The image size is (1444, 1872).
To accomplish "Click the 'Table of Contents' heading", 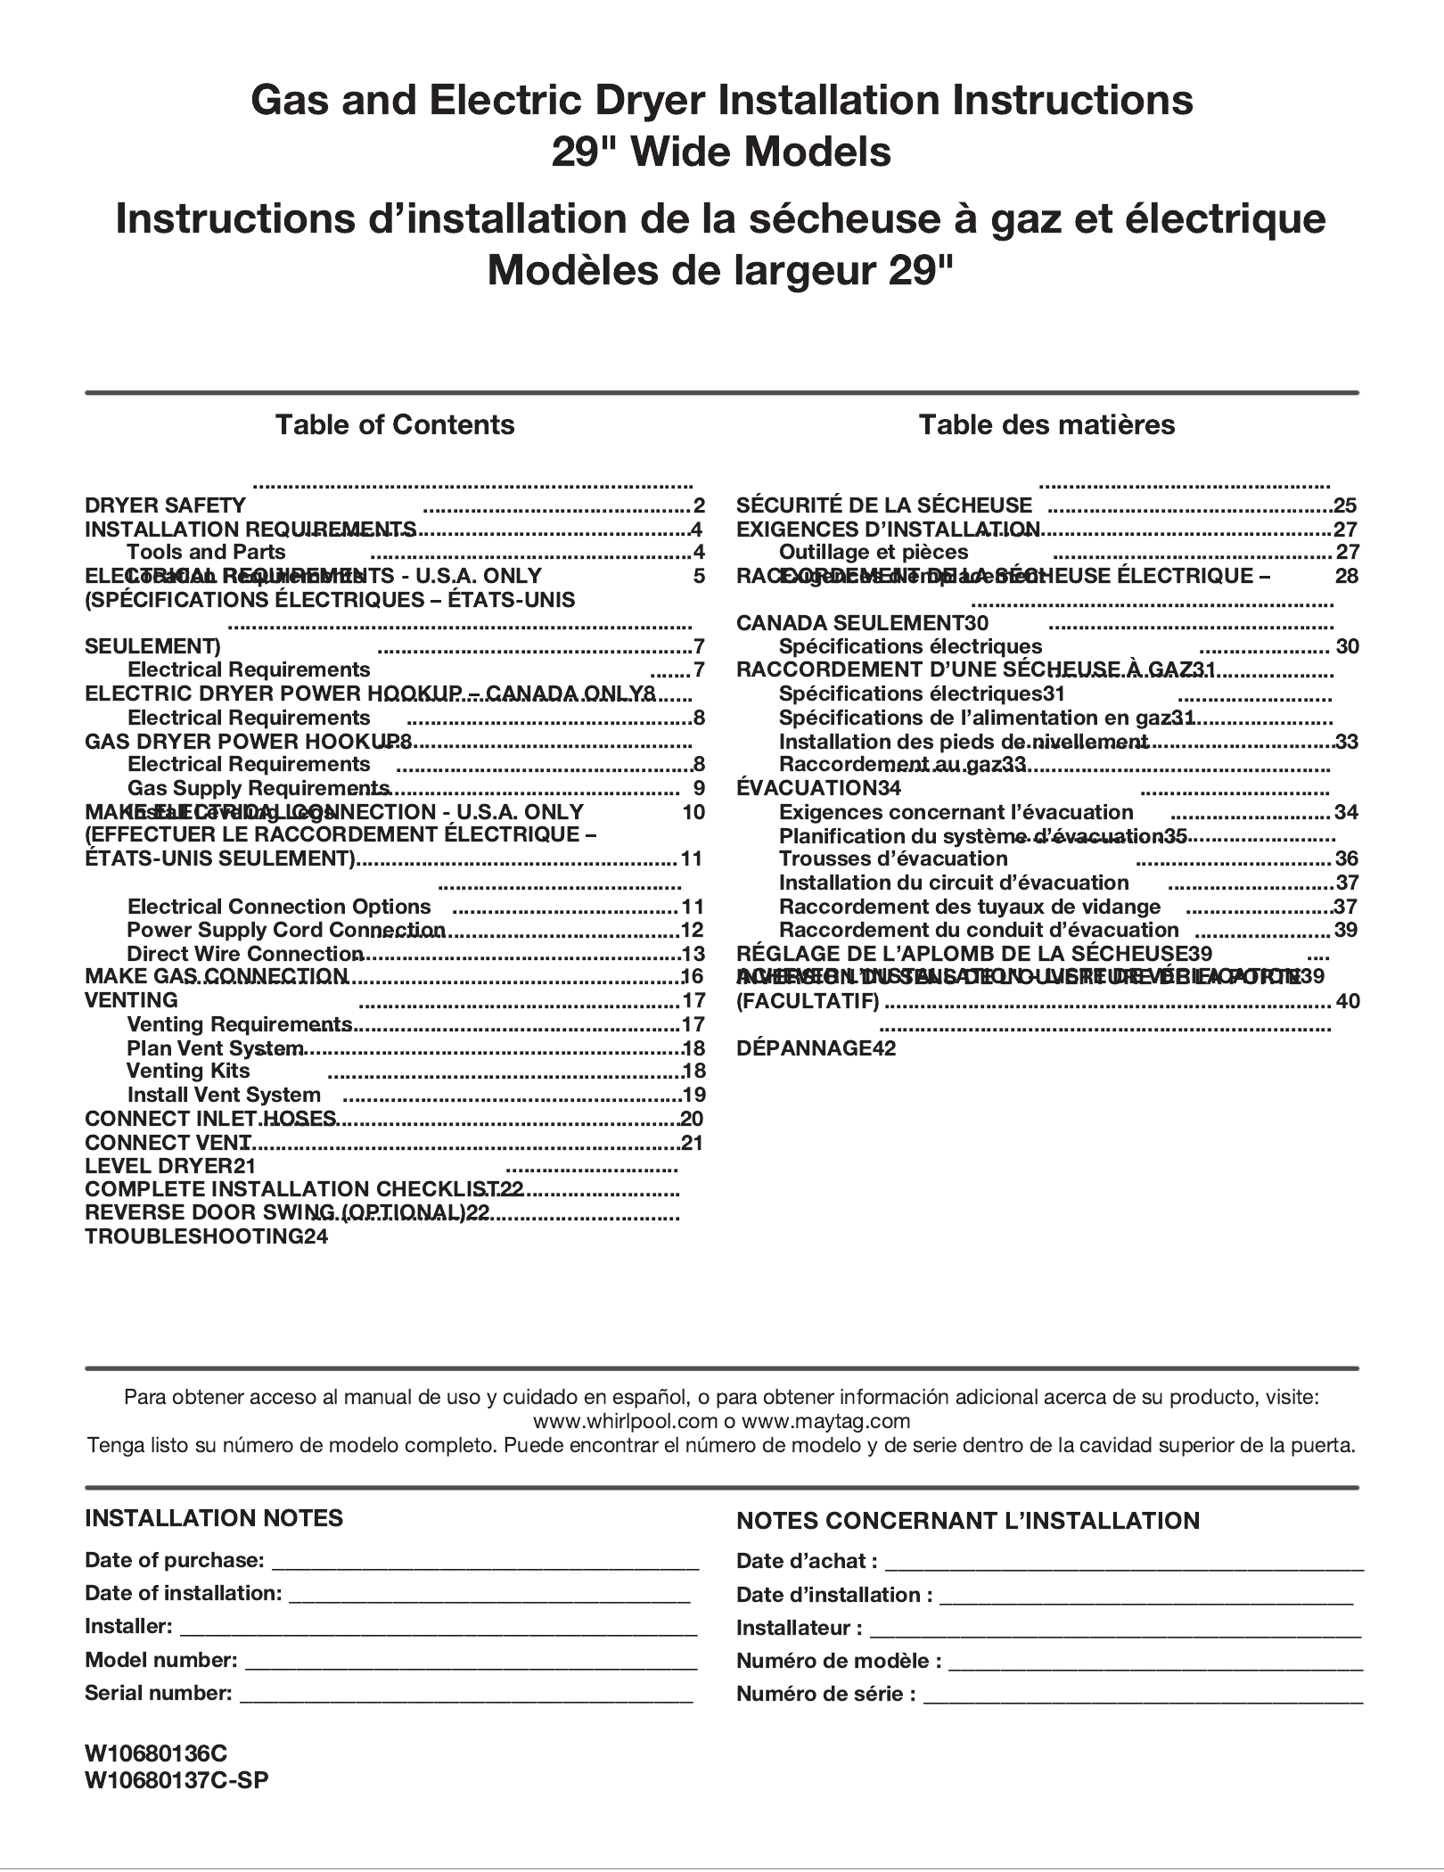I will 394,424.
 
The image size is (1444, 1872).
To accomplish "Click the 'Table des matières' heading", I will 1046,424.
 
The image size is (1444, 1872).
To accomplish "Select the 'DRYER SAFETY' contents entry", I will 165,505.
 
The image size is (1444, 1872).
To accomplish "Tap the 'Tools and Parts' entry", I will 206,552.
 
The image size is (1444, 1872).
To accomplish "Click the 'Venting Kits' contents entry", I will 188,1071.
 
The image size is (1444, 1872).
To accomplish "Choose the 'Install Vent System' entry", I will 224,1095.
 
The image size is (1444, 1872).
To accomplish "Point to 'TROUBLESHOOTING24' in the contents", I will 206,1236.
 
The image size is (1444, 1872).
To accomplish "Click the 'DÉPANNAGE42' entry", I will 816,1048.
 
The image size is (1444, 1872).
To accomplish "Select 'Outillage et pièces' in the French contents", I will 873,552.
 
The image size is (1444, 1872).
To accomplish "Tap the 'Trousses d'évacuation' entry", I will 893,858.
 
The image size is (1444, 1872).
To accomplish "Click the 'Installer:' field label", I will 128,1626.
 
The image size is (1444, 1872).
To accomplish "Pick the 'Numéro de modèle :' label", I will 839,1661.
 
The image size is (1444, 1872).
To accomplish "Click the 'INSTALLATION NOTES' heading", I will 214,1518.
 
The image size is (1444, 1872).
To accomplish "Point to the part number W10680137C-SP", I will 176,1780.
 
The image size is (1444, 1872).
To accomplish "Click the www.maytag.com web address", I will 825,1421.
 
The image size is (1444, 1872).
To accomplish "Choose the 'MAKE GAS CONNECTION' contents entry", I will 217,976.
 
